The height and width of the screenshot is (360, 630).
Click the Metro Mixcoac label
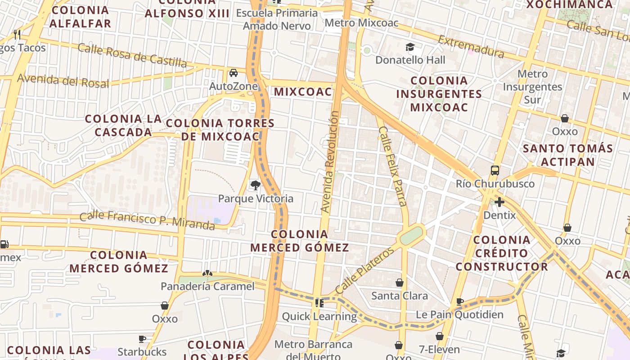coord(361,22)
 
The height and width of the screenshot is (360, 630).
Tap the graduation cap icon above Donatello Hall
coord(410,47)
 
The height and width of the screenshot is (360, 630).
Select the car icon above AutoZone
coord(234,73)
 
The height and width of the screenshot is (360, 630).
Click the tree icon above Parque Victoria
coord(255,185)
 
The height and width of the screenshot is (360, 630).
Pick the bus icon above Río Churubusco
coord(495,170)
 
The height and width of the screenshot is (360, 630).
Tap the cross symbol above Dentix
coord(499,202)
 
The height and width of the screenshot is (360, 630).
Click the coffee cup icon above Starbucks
coord(142,339)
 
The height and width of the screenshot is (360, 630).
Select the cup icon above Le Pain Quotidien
coord(460,301)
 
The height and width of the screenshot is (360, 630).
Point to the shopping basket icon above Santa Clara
coord(399,283)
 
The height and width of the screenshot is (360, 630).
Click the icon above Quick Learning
coord(319,303)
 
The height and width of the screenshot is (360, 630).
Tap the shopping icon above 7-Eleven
coord(440,336)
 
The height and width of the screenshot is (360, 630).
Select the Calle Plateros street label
coord(364,270)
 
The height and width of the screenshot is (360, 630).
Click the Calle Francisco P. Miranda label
coord(147,220)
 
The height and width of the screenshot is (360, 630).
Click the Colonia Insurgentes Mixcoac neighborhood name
coord(439,94)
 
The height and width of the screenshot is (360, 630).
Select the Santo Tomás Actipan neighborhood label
coord(568,155)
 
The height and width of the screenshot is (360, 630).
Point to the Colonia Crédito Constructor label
coord(502,253)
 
